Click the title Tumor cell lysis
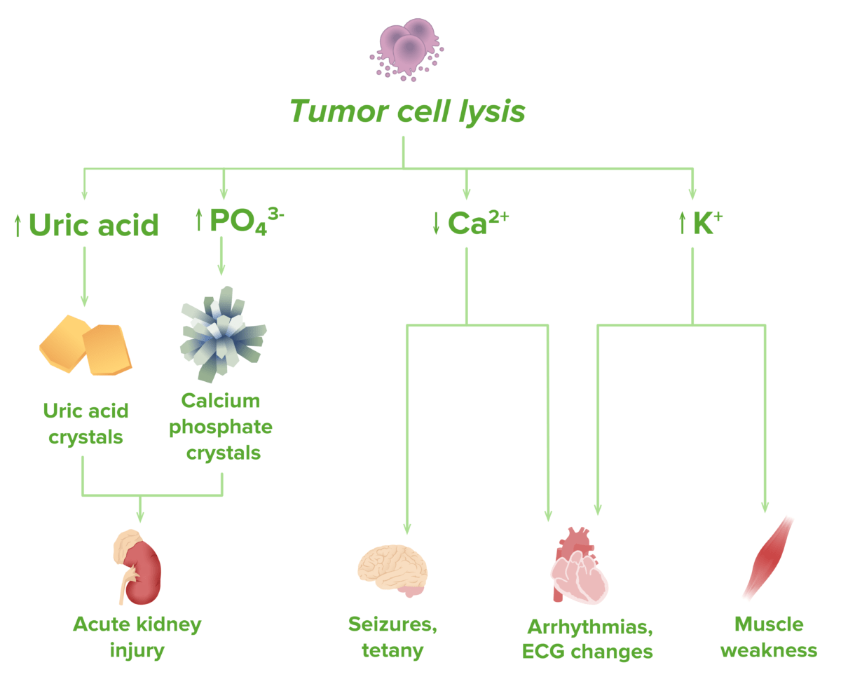click(407, 111)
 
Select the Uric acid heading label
click(94, 226)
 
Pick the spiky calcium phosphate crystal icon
click(224, 335)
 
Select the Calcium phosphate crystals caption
click(221, 426)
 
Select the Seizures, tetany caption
click(392, 636)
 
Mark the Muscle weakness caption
click(769, 636)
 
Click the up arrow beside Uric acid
click(18, 226)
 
